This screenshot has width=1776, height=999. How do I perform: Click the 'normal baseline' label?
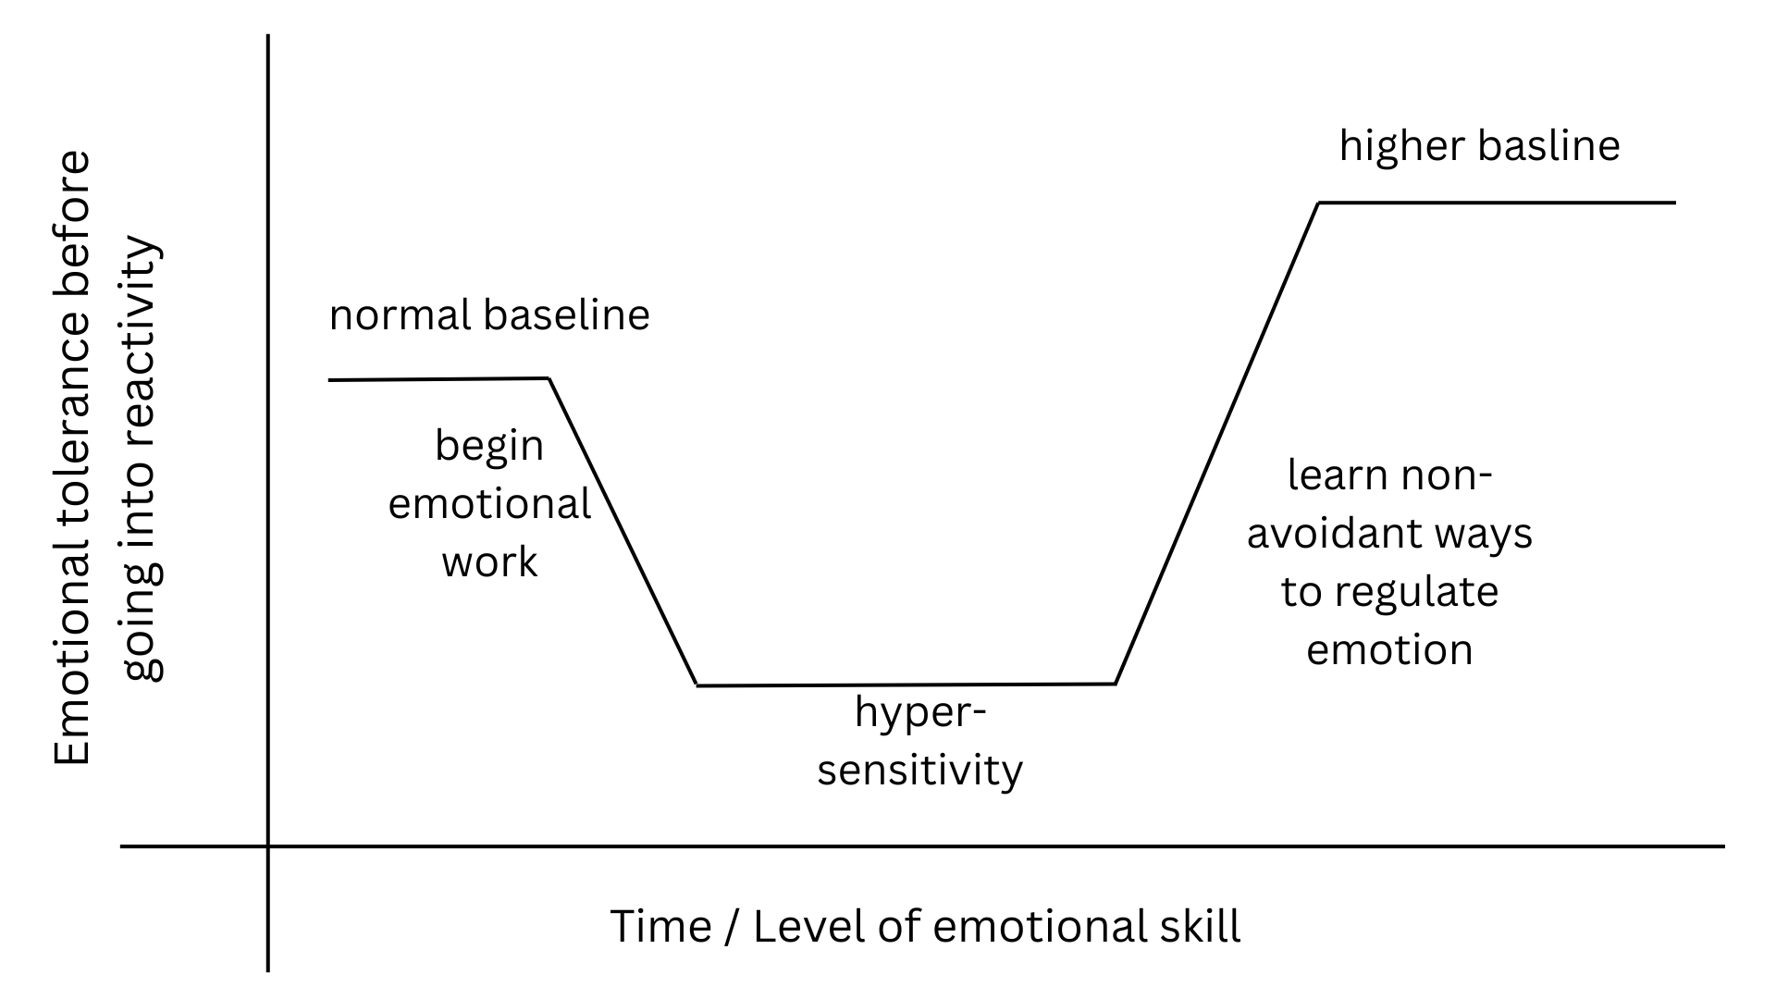[489, 315]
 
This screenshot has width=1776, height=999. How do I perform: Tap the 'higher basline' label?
[1479, 146]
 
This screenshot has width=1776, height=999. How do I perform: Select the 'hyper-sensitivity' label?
[919, 742]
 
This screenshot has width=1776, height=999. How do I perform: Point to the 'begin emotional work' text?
[489, 504]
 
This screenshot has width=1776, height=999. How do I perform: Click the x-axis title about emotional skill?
[925, 926]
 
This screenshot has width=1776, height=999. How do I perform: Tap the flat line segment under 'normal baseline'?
[439, 379]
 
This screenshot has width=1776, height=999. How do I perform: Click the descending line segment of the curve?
[623, 532]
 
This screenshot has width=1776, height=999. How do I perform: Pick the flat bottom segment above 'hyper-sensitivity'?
[906, 684]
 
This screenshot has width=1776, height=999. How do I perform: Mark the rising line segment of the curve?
[1216, 442]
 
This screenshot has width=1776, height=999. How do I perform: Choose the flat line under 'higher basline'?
[1497, 202]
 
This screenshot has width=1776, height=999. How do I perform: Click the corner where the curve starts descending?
[550, 378]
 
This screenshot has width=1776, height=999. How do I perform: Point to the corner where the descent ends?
[697, 685]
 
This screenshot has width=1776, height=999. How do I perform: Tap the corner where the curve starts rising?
[1116, 684]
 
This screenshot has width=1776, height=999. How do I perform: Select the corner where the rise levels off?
[1319, 202]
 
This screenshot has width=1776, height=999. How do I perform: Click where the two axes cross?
[268, 845]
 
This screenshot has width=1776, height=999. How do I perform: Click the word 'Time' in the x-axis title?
[660, 926]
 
